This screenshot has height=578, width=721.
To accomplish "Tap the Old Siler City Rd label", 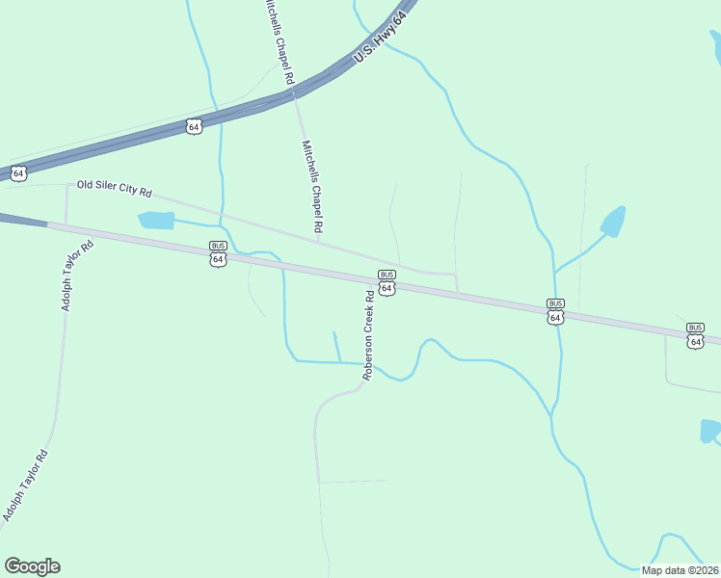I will pos(115,188).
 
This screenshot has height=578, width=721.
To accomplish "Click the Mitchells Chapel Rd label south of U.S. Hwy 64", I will pos(311,189).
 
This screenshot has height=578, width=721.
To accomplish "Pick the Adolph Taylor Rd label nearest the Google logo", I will pos(24,486).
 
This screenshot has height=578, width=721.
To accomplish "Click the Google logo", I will pos(32,566).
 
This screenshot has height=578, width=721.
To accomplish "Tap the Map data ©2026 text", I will pos(680,570).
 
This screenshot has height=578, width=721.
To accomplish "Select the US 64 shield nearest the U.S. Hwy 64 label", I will pos(194,126).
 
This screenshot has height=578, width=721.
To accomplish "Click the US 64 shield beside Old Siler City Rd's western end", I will pos(18,173).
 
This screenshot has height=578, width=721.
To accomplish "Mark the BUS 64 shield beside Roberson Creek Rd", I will pos(387,282).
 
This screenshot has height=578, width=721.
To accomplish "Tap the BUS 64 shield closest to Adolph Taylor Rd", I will pos(218,253).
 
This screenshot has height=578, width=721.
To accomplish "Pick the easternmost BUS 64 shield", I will pos(695,335).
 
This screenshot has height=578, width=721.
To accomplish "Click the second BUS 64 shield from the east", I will pos(555,311).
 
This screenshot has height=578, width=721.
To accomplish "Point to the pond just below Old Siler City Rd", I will pos(156,221).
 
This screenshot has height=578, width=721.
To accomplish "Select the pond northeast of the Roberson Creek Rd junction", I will pos(613,223).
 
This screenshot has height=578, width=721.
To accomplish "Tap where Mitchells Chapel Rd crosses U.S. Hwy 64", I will pos(293,90).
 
